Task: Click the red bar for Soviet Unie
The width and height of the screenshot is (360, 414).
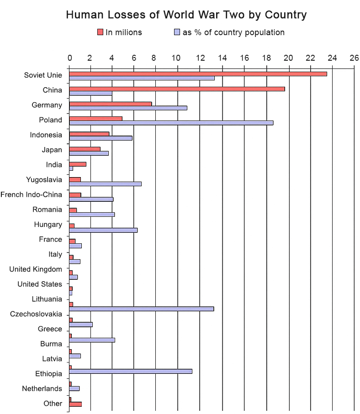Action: click(198, 74)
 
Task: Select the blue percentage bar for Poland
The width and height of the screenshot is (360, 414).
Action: click(171, 123)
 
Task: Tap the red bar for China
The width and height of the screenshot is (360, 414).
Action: click(177, 89)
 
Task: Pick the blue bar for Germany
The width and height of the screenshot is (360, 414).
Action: click(128, 108)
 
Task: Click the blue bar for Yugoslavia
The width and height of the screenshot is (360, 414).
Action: click(105, 184)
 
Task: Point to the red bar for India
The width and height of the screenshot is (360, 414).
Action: click(77, 164)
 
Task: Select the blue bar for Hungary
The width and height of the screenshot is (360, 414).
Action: click(103, 230)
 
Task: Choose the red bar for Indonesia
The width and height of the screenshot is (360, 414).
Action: click(89, 134)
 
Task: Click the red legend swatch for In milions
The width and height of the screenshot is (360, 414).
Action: click(100, 32)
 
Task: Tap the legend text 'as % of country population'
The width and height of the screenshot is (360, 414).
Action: click(233, 32)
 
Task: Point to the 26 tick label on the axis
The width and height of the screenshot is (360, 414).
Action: click(354, 58)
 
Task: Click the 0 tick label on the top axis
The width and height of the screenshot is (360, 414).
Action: click(69, 58)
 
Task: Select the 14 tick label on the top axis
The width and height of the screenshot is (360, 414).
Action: click(222, 58)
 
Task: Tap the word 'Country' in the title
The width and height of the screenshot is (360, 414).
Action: click(286, 15)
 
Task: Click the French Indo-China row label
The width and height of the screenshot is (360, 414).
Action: click(31, 195)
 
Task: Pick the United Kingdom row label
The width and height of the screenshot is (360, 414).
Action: click(36, 269)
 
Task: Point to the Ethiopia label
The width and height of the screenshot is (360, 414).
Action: click(48, 374)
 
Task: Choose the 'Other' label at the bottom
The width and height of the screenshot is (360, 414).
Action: click(53, 404)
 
